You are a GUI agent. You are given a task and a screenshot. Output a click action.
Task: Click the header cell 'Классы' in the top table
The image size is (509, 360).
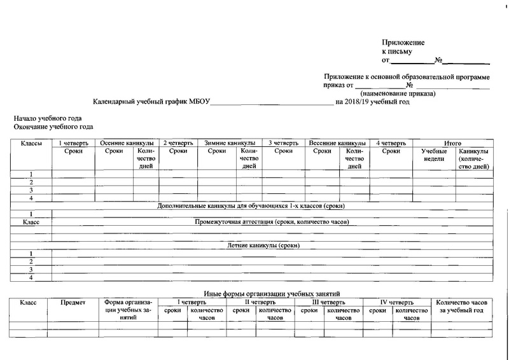click(x=31, y=144)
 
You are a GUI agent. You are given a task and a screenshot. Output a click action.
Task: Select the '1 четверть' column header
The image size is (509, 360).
click(x=74, y=144)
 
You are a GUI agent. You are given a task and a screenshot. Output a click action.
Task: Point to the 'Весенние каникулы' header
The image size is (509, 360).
click(x=337, y=144)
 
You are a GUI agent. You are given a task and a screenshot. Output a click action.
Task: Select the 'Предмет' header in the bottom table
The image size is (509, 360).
click(x=73, y=302)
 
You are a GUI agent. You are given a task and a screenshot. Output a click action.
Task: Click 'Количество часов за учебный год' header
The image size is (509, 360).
click(x=462, y=306)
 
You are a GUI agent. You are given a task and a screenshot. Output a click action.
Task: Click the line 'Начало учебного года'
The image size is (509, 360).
click(x=48, y=120)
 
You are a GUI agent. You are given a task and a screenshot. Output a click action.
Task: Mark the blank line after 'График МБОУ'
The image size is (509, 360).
click(x=271, y=103)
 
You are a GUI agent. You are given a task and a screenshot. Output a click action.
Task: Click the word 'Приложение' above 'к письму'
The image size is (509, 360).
click(x=403, y=41)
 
